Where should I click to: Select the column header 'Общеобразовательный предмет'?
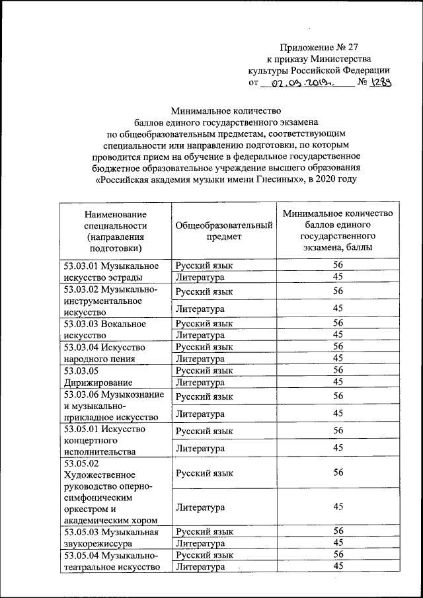[224, 231]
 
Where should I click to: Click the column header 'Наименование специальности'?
[115, 231]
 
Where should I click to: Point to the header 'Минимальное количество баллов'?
[338, 231]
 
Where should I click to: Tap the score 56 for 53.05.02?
[338, 473]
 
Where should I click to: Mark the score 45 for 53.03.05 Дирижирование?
[338, 382]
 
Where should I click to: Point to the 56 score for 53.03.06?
[338, 396]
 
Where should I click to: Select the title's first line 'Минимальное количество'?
[226, 110]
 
